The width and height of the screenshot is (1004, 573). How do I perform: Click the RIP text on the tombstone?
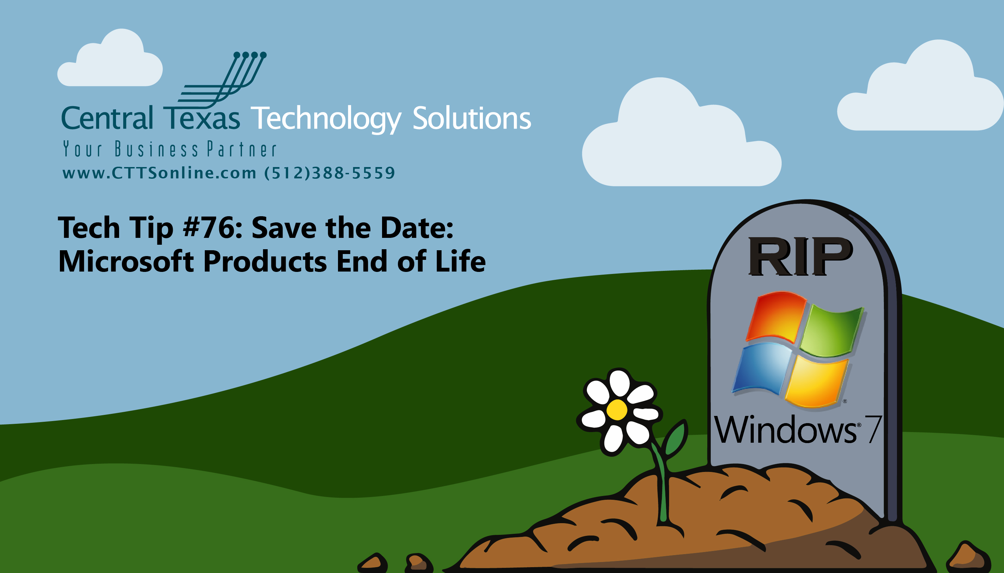[800, 256]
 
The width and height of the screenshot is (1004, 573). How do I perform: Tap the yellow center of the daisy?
[617, 410]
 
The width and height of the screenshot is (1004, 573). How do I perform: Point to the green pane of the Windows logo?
[832, 332]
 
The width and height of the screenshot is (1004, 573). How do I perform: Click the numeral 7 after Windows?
[873, 429]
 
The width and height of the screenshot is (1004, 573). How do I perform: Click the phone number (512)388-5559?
[329, 173]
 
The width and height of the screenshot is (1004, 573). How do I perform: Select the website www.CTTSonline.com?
[160, 173]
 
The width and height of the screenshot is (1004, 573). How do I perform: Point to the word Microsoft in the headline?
[126, 261]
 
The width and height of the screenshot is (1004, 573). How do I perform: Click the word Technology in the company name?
[326, 119]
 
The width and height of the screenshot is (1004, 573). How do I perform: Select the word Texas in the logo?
[202, 118]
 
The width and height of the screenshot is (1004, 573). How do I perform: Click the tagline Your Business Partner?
[170, 149]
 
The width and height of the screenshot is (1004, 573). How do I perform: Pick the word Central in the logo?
[107, 118]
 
